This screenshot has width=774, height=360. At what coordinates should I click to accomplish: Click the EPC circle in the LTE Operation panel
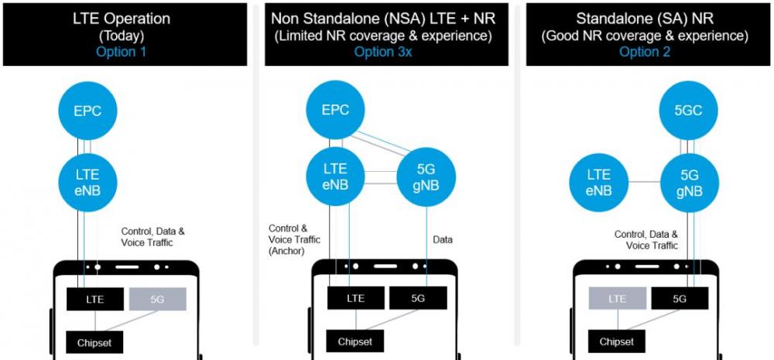[x=88, y=110]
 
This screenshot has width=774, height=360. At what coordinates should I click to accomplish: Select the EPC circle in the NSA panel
[x=336, y=110]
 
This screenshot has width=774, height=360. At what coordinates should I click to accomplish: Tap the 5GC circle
[x=689, y=110]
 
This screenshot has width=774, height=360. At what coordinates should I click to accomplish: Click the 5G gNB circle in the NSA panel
[x=426, y=177]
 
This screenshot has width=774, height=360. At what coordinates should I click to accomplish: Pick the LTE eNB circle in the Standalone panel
[x=599, y=182]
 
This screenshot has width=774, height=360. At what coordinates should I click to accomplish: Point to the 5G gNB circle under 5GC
[x=689, y=182]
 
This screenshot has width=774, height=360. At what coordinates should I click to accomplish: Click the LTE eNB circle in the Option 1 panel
[x=88, y=182]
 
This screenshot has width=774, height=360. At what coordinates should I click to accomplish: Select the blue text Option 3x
[x=383, y=52]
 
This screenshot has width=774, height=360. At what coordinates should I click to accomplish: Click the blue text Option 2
[x=646, y=52]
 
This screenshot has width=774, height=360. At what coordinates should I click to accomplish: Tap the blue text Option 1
[x=122, y=52]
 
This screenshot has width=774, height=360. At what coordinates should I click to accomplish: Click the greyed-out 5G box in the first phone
[x=157, y=300]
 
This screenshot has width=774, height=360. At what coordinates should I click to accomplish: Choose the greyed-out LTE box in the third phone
[x=617, y=298]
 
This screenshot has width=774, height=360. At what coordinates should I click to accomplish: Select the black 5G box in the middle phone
[x=418, y=298]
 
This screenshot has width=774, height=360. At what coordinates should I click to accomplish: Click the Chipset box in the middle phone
[x=355, y=341]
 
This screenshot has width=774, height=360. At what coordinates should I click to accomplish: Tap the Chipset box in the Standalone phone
[x=617, y=341]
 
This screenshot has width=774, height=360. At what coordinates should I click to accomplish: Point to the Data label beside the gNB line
[x=443, y=240]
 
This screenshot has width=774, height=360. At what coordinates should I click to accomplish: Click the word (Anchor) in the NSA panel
[x=287, y=251]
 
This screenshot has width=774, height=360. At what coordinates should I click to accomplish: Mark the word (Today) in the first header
[x=122, y=36]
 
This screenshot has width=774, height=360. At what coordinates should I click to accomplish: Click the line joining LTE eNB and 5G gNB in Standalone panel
[x=644, y=182]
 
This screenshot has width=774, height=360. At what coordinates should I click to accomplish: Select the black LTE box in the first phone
[x=94, y=300]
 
